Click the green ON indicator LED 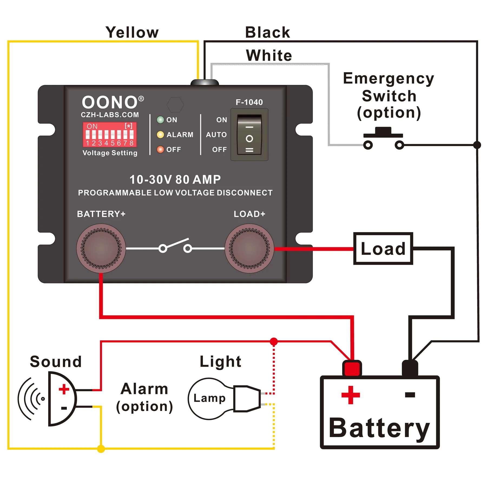coord(160,120)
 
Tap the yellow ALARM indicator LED coord(160,135)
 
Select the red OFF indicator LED coord(160,149)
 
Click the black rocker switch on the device coord(249,135)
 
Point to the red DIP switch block coord(110,134)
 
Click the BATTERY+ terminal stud coord(101,248)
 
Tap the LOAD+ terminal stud coord(249,248)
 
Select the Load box coord(383,248)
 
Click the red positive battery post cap coord(352,368)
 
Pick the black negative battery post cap coord(410,368)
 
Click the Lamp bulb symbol coord(210,399)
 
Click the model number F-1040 coord(249,102)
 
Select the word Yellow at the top coord(132,32)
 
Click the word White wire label coord(269,55)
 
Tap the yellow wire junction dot coord(101,449)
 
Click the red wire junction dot coord(274,341)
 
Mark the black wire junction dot coord(477,145)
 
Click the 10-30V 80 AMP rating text coord(175,180)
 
